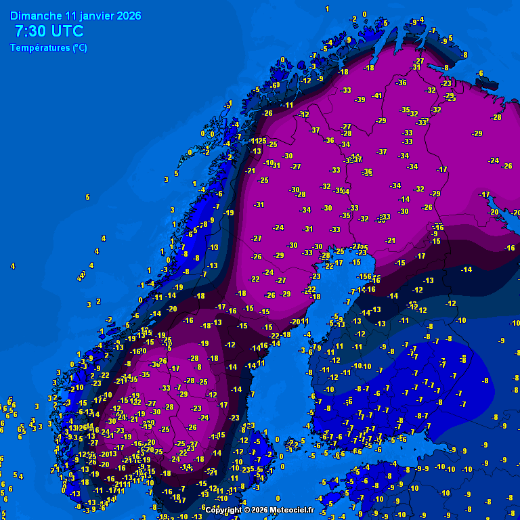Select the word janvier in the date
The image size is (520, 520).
pyautogui.click(x=97, y=16)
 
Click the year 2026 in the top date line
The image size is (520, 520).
pyautogui.click(x=129, y=16)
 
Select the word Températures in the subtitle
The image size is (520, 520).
pyautogui.click(x=39, y=48)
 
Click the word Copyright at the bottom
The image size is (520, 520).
pyautogui.click(x=223, y=510)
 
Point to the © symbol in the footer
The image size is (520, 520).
pyautogui.click(x=247, y=510)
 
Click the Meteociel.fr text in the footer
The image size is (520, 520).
pyautogui.click(x=292, y=510)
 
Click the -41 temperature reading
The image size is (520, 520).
pyautogui.click(x=377, y=95)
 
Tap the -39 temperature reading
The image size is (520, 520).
pyautogui.click(x=360, y=100)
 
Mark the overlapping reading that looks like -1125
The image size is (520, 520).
pyautogui.click(x=257, y=141)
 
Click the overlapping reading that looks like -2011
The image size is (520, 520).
pyautogui.click(x=299, y=322)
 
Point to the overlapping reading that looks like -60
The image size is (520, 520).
pyautogui.click(x=275, y=85)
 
